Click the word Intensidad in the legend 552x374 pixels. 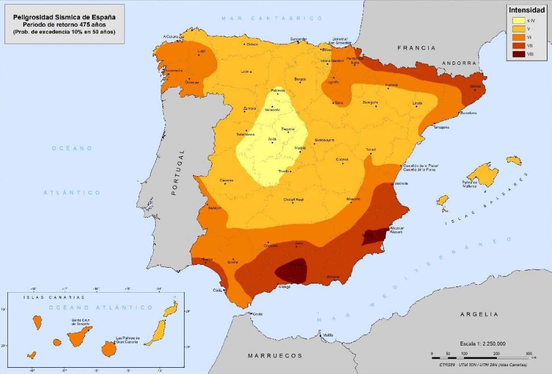526,10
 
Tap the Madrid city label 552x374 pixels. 300,148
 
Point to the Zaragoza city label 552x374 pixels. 370,102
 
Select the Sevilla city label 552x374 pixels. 232,262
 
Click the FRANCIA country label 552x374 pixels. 416,48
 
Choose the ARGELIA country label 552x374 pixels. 479,314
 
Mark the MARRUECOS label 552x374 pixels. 275,355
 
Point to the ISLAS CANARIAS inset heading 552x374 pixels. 53,297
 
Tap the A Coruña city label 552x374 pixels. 171,36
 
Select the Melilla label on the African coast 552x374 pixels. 328,335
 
